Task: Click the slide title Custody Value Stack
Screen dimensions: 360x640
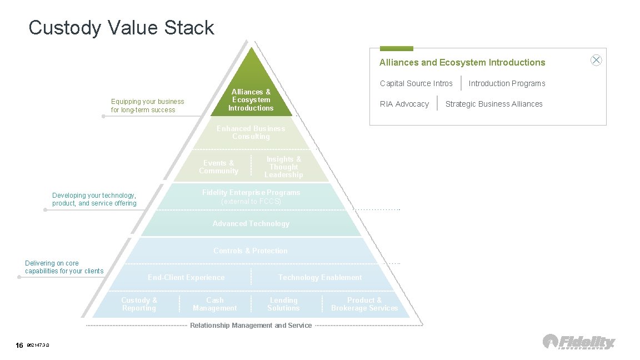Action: (121, 27)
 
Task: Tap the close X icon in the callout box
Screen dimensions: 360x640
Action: (596, 61)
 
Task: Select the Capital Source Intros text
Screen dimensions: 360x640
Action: (416, 83)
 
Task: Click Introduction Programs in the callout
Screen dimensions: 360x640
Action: (507, 83)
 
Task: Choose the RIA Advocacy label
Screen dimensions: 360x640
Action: (404, 104)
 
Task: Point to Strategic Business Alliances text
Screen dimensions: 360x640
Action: (494, 104)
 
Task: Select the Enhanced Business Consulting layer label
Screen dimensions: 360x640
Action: (251, 132)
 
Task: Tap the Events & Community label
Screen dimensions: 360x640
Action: (218, 167)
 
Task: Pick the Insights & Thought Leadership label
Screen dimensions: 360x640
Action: (283, 167)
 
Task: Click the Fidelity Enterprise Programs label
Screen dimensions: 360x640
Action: (251, 193)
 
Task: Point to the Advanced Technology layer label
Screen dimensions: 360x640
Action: (251, 223)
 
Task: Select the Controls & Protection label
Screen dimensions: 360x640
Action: (251, 251)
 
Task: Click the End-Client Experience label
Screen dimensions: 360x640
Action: (186, 277)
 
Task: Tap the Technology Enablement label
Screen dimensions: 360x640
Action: (320, 277)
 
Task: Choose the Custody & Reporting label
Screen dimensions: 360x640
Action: (139, 304)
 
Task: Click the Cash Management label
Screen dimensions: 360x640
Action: (214, 304)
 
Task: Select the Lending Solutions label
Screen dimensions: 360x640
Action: (283, 304)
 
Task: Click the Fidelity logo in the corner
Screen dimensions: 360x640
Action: (579, 342)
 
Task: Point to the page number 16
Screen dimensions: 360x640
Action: (19, 346)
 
